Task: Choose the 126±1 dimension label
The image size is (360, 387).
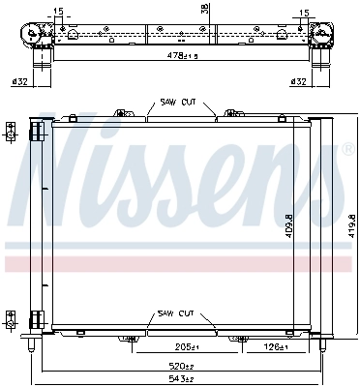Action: click(274, 346)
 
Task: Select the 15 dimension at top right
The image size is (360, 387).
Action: click(306, 13)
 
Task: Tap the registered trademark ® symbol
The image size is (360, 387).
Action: click(346, 150)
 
